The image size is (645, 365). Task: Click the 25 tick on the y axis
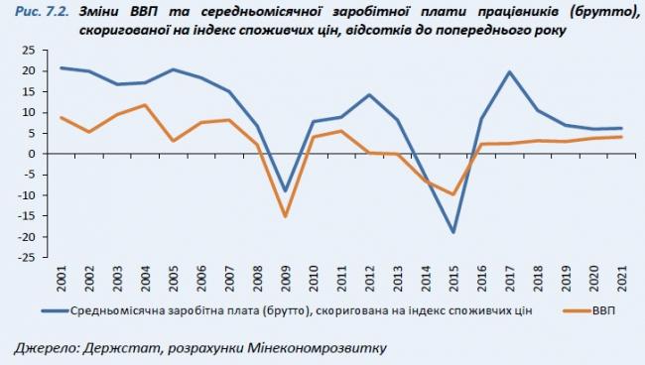coord(30,50)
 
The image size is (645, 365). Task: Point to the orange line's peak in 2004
coord(145,105)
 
